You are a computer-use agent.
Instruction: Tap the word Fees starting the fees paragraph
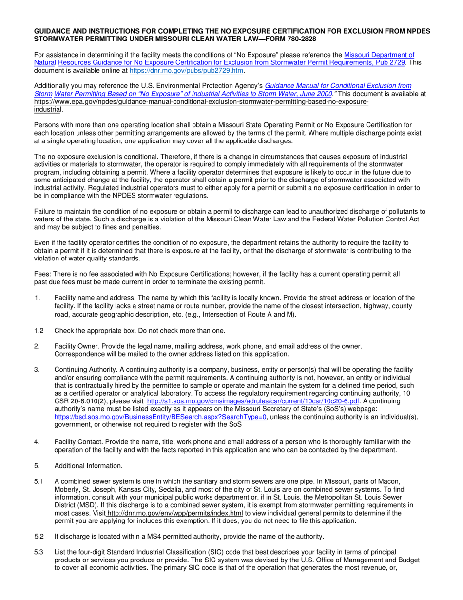[42, 274]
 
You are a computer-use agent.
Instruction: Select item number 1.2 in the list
[39, 331]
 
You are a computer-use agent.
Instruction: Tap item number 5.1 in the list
[39, 481]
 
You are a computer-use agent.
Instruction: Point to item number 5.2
[39, 537]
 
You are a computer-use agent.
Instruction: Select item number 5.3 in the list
[39, 552]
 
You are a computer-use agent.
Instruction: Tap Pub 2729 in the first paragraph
[391, 63]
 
